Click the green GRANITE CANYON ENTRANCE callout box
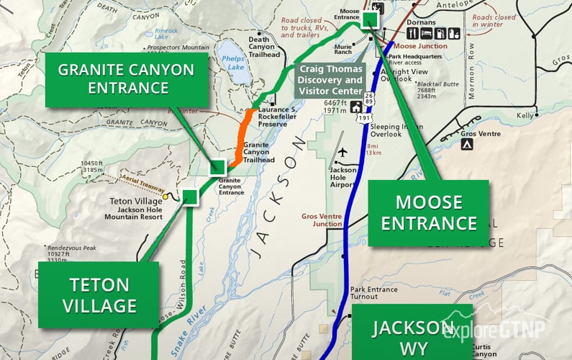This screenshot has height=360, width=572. click(125, 78)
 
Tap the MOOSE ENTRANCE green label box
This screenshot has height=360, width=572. click(429, 213)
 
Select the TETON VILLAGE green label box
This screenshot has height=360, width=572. click(99, 295)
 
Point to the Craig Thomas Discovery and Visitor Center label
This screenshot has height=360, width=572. click(331, 80)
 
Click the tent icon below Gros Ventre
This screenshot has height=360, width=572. click(467, 145)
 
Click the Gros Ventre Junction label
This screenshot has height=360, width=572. click(322, 220)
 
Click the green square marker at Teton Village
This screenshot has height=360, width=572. click(190, 197)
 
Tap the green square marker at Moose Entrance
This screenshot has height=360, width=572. click(371, 19)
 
